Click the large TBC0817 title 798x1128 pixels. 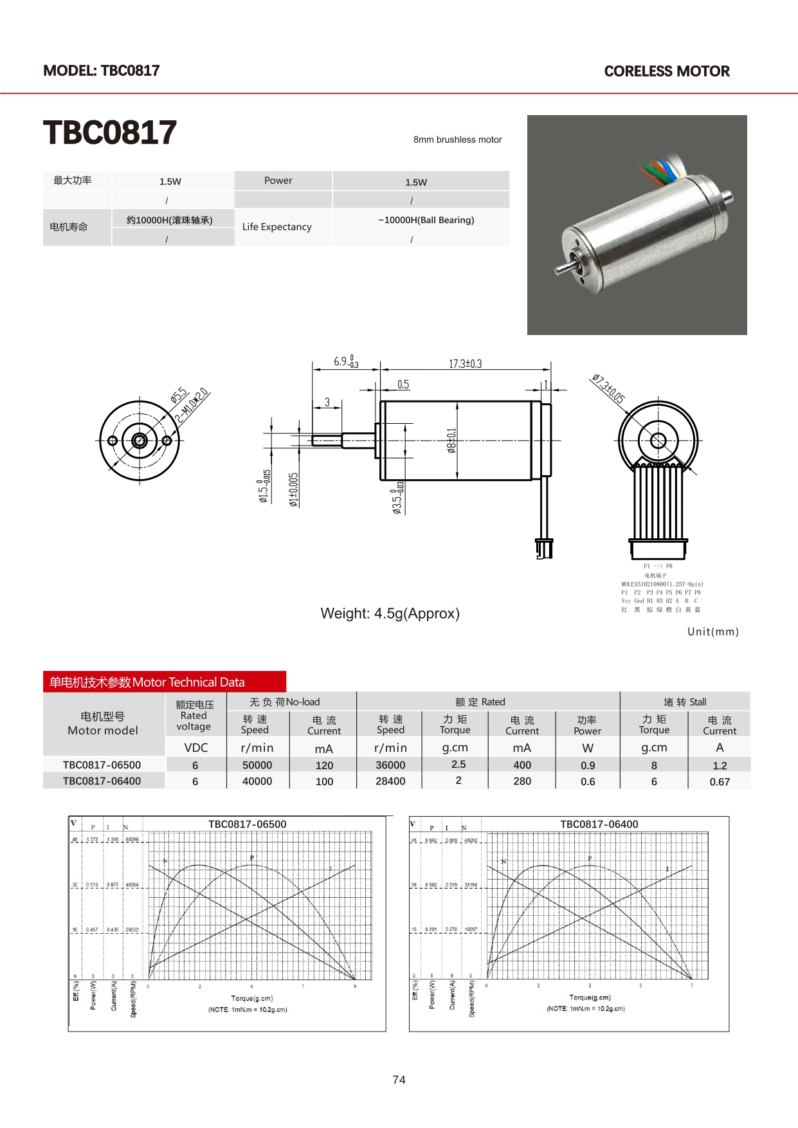(x=110, y=133)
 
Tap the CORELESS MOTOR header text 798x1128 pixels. (x=667, y=71)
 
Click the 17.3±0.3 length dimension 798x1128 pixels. (x=465, y=364)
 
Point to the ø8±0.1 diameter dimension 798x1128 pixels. (x=451, y=441)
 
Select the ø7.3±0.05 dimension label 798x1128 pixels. (x=608, y=389)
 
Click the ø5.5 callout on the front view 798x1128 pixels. (x=179, y=395)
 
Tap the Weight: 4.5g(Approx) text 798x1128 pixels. (x=390, y=614)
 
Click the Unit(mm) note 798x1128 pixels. (x=712, y=632)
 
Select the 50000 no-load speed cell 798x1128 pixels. (x=257, y=765)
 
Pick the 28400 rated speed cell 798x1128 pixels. (x=390, y=781)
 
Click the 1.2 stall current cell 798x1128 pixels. (x=720, y=766)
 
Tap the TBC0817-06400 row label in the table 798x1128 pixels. (x=102, y=781)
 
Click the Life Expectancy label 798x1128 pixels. (x=277, y=227)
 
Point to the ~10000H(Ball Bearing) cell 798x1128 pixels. (x=426, y=220)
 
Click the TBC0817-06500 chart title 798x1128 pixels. (x=248, y=824)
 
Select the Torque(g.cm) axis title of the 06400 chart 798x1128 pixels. (x=590, y=997)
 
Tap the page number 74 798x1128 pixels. (x=399, y=1080)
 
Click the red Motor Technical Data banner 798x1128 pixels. (x=165, y=682)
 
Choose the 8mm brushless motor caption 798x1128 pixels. (x=457, y=140)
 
